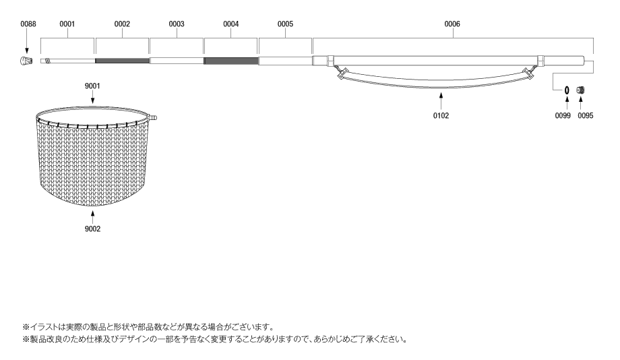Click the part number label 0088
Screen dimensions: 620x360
[x=28, y=24]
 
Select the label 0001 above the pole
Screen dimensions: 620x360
[x=67, y=24]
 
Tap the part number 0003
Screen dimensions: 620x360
[x=177, y=24]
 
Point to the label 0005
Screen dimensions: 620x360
[x=285, y=24]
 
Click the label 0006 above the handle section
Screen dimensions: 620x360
[x=452, y=24]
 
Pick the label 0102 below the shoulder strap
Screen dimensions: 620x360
[x=441, y=115]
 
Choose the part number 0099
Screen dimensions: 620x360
[x=563, y=115]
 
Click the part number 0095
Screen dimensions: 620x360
[x=586, y=115]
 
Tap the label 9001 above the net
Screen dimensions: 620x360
[x=92, y=86]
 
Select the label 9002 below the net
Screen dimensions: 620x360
[x=92, y=229]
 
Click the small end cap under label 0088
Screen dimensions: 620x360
[x=26, y=61]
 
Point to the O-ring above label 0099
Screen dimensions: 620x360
[x=567, y=90]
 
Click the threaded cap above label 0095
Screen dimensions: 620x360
[x=580, y=90]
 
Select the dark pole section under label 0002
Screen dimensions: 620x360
[x=122, y=61]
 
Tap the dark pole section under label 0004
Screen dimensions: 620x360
[x=231, y=61]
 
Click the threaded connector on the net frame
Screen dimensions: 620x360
[x=152, y=117]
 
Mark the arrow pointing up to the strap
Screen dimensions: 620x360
[x=441, y=100]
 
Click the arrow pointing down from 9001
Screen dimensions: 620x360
[x=92, y=97]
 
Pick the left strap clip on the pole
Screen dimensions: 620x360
[x=342, y=73]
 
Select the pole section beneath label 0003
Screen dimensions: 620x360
[x=177, y=61]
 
